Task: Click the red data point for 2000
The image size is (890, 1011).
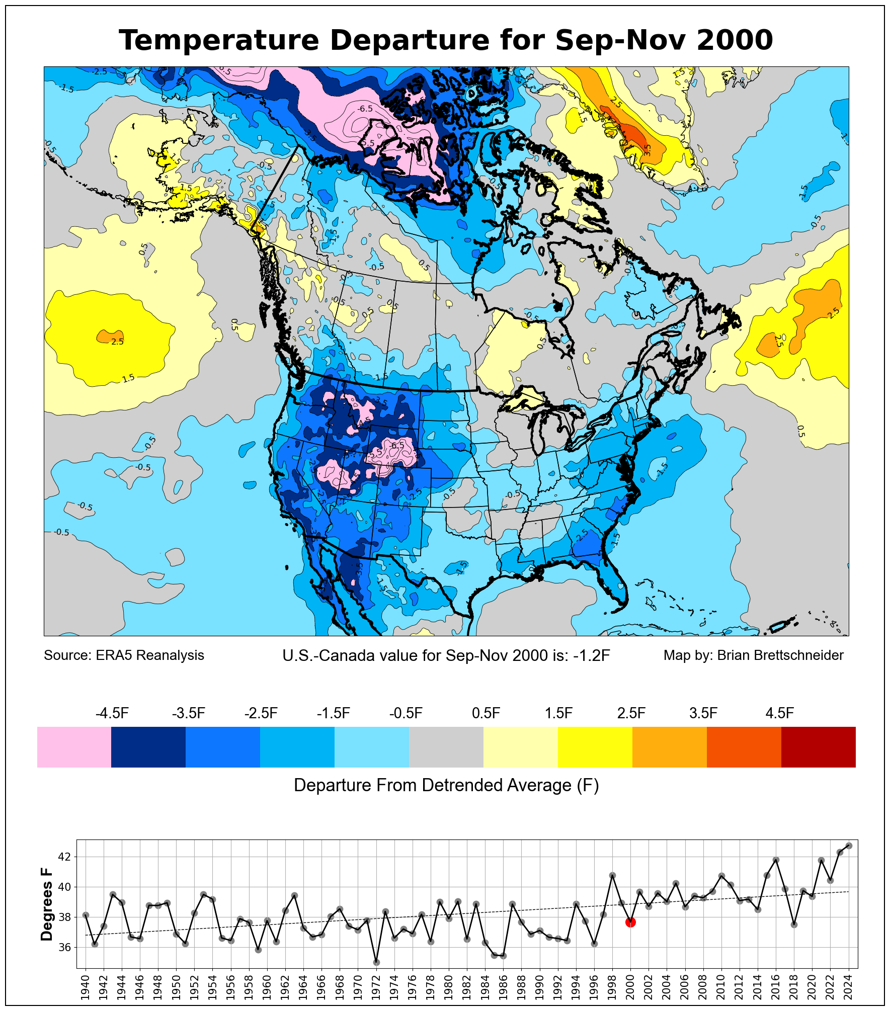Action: [630, 922]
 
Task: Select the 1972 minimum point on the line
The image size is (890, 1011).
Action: [376, 962]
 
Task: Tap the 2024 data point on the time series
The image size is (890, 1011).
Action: [849, 846]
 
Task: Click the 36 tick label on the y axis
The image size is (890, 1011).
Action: [65, 947]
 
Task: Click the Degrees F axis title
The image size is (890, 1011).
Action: [47, 904]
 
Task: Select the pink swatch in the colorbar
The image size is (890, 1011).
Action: [74, 747]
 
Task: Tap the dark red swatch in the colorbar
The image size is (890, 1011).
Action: [818, 747]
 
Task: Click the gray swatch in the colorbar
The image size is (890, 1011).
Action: [446, 747]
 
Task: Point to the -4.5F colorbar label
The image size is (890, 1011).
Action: [112, 713]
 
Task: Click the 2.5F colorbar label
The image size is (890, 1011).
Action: [631, 713]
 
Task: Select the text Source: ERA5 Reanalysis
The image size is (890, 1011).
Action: [124, 655]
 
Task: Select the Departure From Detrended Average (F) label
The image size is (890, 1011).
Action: [446, 785]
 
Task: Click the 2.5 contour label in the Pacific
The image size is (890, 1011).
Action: [117, 342]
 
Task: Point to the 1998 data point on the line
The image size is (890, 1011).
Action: [612, 875]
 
